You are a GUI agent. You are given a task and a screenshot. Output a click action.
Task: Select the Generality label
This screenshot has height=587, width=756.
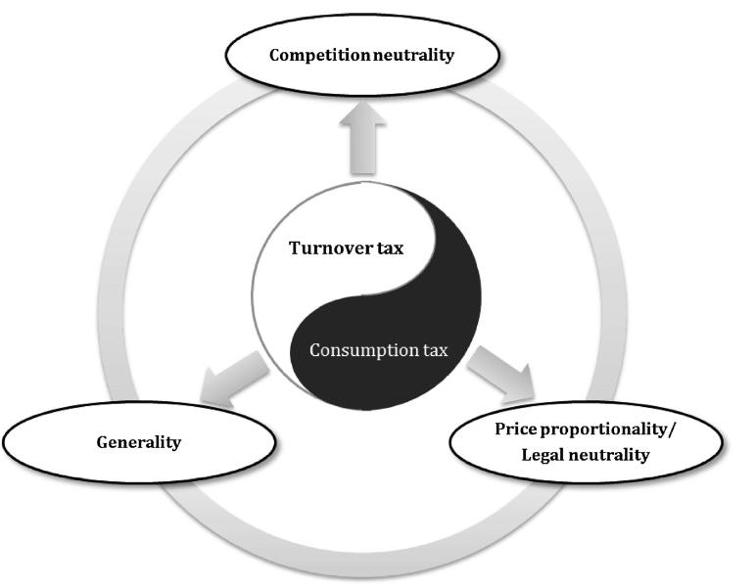coord(139,442)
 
